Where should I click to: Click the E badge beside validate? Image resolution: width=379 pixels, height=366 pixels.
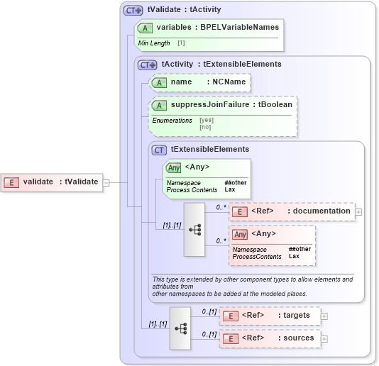coord(11,182)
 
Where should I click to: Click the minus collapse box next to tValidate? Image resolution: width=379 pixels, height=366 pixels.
coord(106,182)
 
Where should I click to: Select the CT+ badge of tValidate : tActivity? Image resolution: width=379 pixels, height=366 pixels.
coord(133,10)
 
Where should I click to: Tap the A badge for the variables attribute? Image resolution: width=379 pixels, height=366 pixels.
coord(145,27)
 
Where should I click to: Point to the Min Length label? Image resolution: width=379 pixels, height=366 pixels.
coord(154,43)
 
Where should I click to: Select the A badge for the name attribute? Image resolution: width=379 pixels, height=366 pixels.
coord(160,82)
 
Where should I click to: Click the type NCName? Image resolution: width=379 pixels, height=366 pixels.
coord(229,82)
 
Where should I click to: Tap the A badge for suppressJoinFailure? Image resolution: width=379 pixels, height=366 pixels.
coord(160,105)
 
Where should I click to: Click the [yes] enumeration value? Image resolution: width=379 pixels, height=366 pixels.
coord(205,120)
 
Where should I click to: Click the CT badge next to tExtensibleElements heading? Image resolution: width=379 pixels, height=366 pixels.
coord(160,150)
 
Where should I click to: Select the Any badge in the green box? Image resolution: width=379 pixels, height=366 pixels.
coord(173,168)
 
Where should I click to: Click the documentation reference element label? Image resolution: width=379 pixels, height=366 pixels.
coord(319,211)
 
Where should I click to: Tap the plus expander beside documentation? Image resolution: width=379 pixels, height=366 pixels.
coord(358,211)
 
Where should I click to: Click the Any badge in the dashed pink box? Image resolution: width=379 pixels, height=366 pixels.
coord(241,234)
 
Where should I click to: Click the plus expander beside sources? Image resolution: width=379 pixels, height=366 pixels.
coord(324,339)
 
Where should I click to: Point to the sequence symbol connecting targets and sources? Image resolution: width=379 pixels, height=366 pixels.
coord(180,328)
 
